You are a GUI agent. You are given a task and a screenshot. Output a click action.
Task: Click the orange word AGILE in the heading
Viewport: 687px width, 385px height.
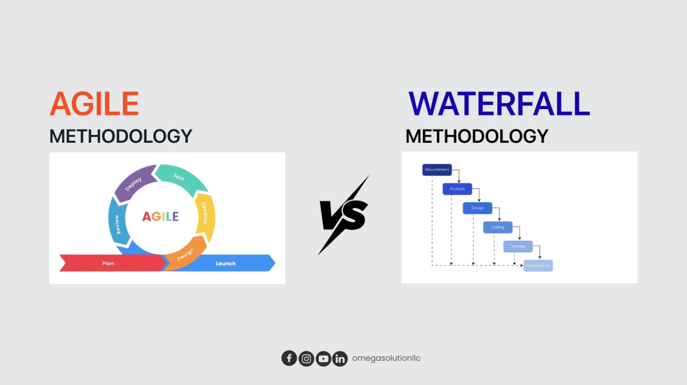(94, 104)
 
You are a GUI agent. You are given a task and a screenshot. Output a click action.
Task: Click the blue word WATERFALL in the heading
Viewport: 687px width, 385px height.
(499, 104)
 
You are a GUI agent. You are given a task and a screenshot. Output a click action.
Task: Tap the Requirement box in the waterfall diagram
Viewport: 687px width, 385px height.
(437, 170)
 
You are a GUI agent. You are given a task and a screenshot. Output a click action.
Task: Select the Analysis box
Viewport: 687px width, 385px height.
(457, 189)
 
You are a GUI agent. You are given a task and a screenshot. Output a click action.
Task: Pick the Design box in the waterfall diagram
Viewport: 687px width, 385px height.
(477, 208)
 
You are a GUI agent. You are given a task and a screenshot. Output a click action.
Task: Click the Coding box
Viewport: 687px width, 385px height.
(498, 227)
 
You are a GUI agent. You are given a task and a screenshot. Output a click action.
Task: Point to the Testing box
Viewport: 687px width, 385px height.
(518, 246)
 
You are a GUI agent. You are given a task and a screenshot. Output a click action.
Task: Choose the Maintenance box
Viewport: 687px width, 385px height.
(538, 266)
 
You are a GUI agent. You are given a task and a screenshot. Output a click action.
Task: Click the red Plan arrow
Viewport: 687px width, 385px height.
(110, 263)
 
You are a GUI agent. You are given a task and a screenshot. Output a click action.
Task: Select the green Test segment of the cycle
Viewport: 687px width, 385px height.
(180, 177)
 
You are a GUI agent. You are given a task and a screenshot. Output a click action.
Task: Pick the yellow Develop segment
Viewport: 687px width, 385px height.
(206, 215)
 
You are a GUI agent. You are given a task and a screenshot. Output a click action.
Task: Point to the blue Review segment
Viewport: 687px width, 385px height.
(116, 223)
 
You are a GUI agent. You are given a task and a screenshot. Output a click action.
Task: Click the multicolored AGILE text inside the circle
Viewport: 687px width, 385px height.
(160, 217)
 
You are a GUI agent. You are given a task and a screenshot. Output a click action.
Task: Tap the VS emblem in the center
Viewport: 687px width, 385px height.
(343, 215)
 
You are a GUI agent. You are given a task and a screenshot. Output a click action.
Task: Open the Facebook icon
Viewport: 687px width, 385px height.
(289, 358)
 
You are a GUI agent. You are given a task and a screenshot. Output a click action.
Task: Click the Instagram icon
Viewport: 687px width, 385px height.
(306, 358)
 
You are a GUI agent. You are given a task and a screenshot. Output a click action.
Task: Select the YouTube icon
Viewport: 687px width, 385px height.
(323, 358)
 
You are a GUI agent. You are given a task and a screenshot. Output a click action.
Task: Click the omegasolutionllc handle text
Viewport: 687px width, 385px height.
(386, 358)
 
